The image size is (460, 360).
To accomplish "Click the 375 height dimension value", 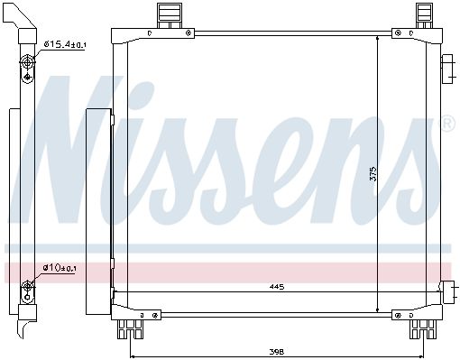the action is (373, 173).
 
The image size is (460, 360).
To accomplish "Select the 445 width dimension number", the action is (277, 287).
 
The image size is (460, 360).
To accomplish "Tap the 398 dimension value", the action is (277, 351).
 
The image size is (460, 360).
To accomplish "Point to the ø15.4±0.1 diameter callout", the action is (65, 44).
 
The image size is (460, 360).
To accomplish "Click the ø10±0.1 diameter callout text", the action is (59, 267).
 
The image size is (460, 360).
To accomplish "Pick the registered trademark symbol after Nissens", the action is (448, 124).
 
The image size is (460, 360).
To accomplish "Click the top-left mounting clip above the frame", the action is (170, 16).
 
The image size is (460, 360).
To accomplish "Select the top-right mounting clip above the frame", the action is (424, 16).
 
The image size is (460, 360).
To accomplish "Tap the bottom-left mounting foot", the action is (130, 329).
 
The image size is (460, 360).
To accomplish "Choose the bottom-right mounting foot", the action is (423, 329).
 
